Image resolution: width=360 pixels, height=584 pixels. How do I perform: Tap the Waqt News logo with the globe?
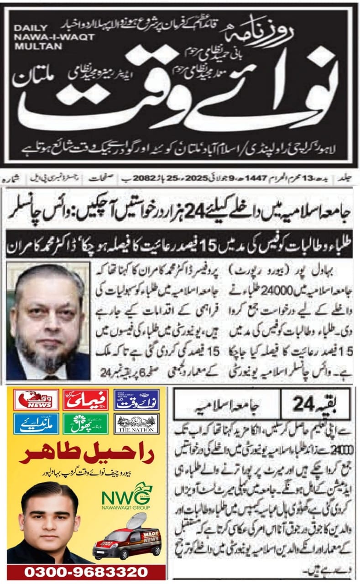[x=36, y=400]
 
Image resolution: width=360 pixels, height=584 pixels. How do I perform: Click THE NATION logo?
[x=136, y=423]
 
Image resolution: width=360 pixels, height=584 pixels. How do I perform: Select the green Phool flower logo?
[x=85, y=423]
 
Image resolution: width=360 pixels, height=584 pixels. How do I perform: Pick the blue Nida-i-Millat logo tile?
[x=36, y=423]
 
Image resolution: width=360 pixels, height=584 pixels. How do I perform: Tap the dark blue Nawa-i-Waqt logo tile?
[x=136, y=400]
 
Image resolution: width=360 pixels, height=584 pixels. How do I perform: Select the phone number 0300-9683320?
[x=86, y=573]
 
